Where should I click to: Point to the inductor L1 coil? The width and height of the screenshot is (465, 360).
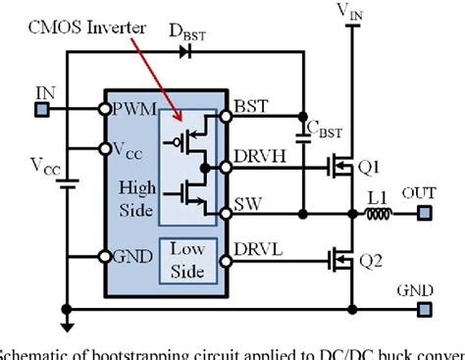[378, 212]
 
